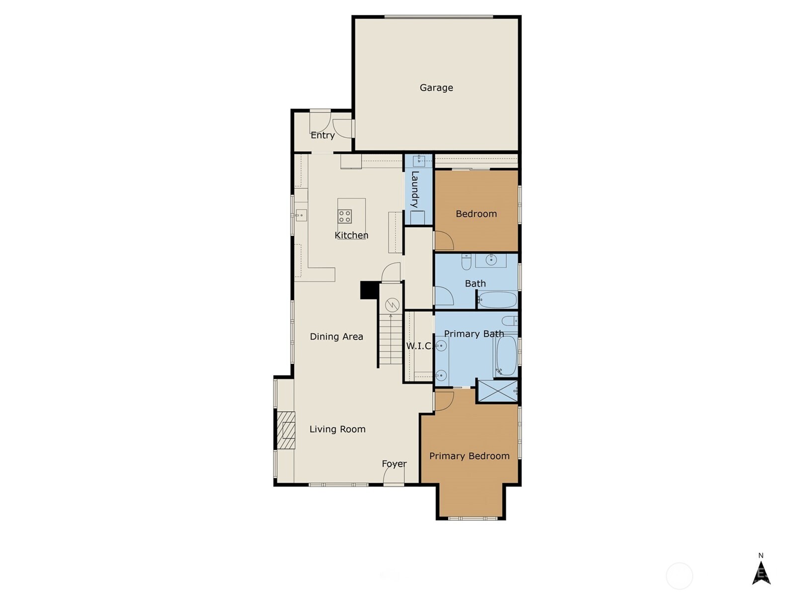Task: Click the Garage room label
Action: pos(436,88)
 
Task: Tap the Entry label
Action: pos(322,135)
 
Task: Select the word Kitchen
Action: pos(351,235)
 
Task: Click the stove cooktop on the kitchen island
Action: pos(344,217)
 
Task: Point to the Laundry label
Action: pos(415,189)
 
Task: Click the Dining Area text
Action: pos(336,337)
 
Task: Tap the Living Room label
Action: pos(337,429)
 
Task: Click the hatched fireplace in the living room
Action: pos(286,430)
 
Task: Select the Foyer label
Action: pos(394,464)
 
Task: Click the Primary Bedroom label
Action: pos(470,456)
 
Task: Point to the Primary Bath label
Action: pos(474,334)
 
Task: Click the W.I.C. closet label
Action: pos(419,346)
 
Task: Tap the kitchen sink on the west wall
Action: pos(301,216)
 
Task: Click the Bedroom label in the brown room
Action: pos(476,214)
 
